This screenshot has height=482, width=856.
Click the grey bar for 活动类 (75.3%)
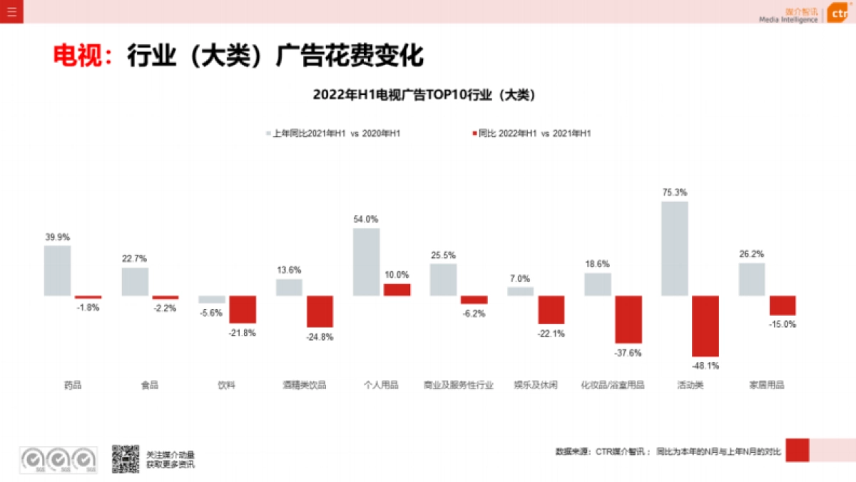pos(675,248)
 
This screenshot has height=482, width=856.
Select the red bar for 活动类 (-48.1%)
pos(705,326)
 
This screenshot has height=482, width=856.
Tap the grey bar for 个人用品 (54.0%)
pos(366,261)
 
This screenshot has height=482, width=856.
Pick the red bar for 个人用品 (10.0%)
pos(397,290)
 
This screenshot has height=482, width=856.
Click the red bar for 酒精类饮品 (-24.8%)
pos(320,311)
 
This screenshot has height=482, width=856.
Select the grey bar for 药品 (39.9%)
pos(58,271)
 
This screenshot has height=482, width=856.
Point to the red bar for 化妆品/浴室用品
pos(628,319)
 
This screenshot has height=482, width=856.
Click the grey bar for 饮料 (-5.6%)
pos(212,299)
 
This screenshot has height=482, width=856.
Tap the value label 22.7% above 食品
pos(134,258)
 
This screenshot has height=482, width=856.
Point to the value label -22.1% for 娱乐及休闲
pos(551,333)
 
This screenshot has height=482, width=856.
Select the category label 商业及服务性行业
pos(458,385)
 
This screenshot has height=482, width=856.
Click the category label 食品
pos(150,385)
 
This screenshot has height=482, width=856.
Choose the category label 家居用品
pos(767,385)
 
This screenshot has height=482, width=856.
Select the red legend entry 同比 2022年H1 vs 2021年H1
pos(531,134)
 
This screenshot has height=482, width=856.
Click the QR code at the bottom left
pos(125,458)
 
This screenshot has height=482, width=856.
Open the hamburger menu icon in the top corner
pos(11,11)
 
